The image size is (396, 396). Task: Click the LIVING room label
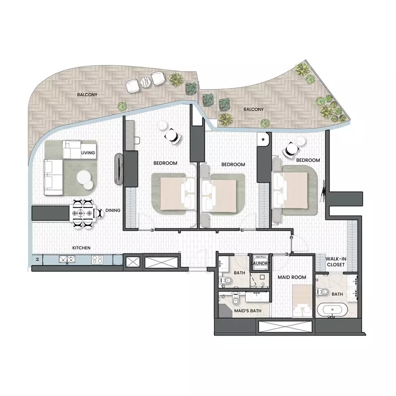[88, 153]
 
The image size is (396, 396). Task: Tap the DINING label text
[113, 210]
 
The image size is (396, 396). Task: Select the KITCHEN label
[81, 247]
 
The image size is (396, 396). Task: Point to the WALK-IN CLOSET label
[335, 261]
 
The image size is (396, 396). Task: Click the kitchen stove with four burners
[97, 259]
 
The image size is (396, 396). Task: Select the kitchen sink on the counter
[66, 259]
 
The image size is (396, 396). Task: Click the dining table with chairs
[82, 213]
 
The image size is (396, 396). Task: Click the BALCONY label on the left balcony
[86, 94]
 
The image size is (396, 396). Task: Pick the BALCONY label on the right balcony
[253, 109]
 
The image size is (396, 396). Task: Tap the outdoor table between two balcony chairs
[145, 81]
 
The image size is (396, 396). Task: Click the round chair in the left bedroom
[172, 134]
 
